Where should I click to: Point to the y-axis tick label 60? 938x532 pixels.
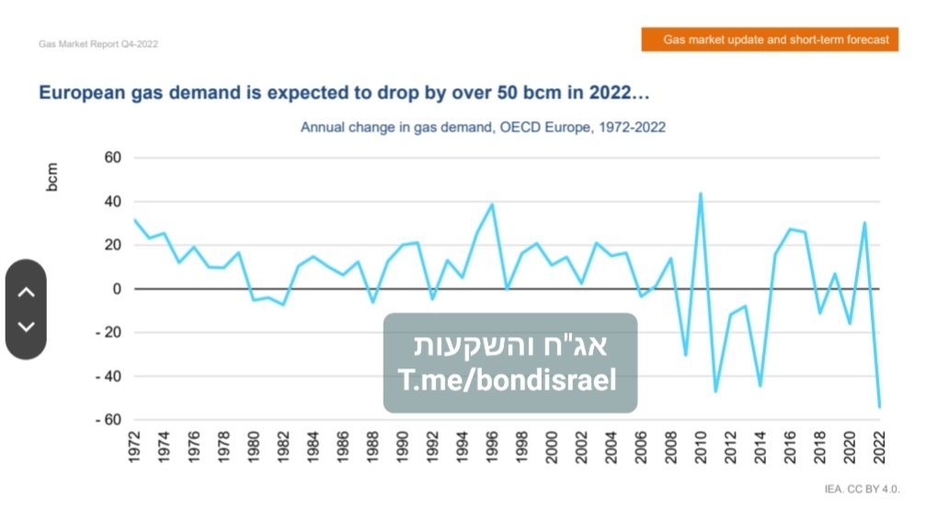(113, 158)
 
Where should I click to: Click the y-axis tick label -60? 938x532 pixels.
(109, 420)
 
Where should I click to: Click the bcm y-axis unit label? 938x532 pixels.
(52, 177)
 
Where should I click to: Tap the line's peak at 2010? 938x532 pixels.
(701, 194)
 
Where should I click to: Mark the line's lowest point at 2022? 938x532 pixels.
(879, 406)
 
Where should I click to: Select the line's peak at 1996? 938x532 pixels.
(492, 205)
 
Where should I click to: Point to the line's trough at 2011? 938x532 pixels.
(715, 391)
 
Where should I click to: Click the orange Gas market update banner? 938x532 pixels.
(770, 40)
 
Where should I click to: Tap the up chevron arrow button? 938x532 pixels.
(26, 292)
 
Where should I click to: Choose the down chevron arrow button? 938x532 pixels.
(26, 326)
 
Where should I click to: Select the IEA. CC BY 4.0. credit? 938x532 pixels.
(862, 489)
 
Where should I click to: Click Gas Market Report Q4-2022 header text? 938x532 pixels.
(98, 44)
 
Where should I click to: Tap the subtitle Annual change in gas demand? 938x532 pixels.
(483, 127)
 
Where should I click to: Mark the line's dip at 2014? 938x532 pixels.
(761, 385)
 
